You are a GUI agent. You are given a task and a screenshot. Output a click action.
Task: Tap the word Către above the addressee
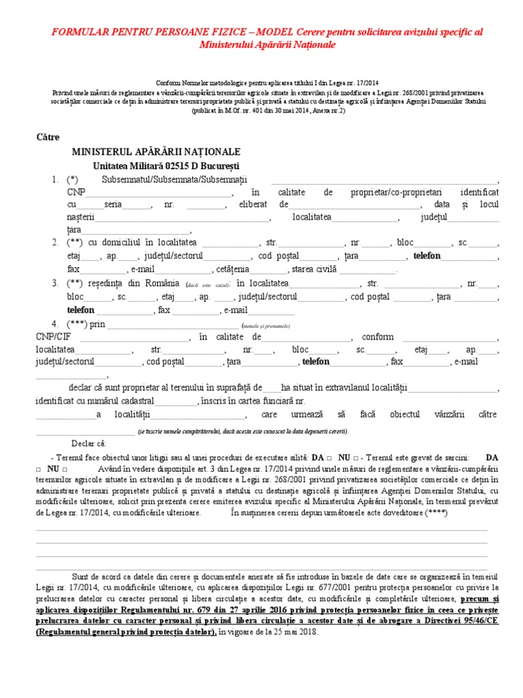tap(48, 137)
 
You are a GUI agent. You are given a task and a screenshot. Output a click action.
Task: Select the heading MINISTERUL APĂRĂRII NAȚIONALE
tap(156, 151)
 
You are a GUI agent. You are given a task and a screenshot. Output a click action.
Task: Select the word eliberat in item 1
tap(253, 205)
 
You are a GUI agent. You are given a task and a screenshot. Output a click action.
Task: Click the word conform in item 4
tap(377, 337)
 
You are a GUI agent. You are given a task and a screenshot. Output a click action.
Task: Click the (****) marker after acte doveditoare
tap(435, 513)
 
